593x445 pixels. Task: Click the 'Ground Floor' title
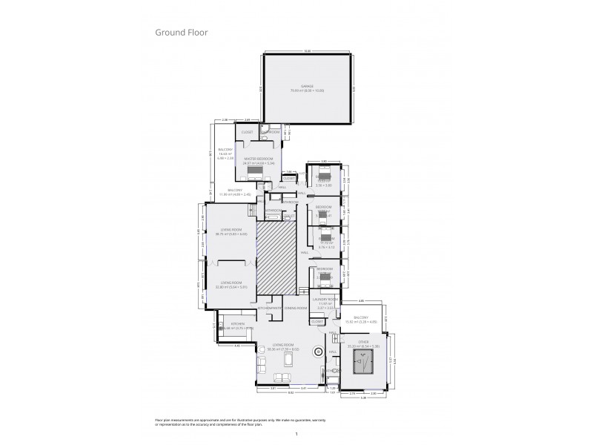coord(182,33)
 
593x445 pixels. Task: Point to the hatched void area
coord(276,259)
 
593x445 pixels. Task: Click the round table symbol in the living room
coord(319,353)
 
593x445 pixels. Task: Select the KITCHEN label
coord(237,325)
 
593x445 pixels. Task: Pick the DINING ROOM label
coord(296,307)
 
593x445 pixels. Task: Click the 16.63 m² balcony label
coord(225,153)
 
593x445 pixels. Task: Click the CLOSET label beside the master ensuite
coord(248,132)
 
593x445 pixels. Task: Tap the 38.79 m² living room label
coord(231,231)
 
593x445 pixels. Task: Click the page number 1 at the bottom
coord(296,434)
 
